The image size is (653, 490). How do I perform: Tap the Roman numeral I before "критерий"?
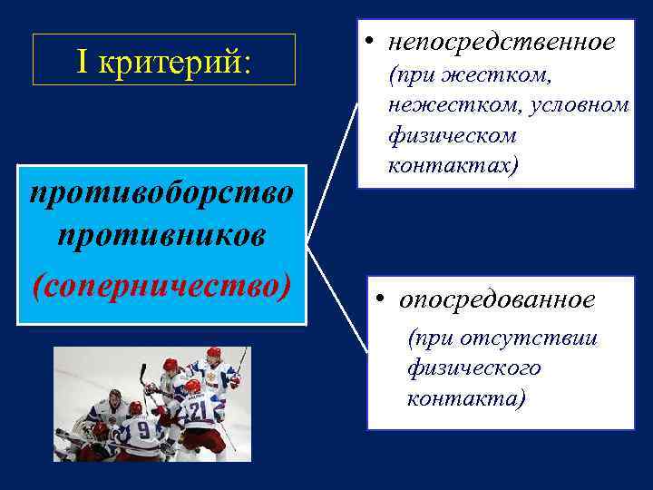[83, 62]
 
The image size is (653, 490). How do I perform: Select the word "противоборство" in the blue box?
[161, 193]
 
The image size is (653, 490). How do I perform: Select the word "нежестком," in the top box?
[435, 105]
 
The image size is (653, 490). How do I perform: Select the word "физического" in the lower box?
[474, 368]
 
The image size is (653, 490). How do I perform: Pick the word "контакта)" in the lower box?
[466, 398]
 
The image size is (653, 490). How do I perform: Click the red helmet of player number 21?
[192, 386]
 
